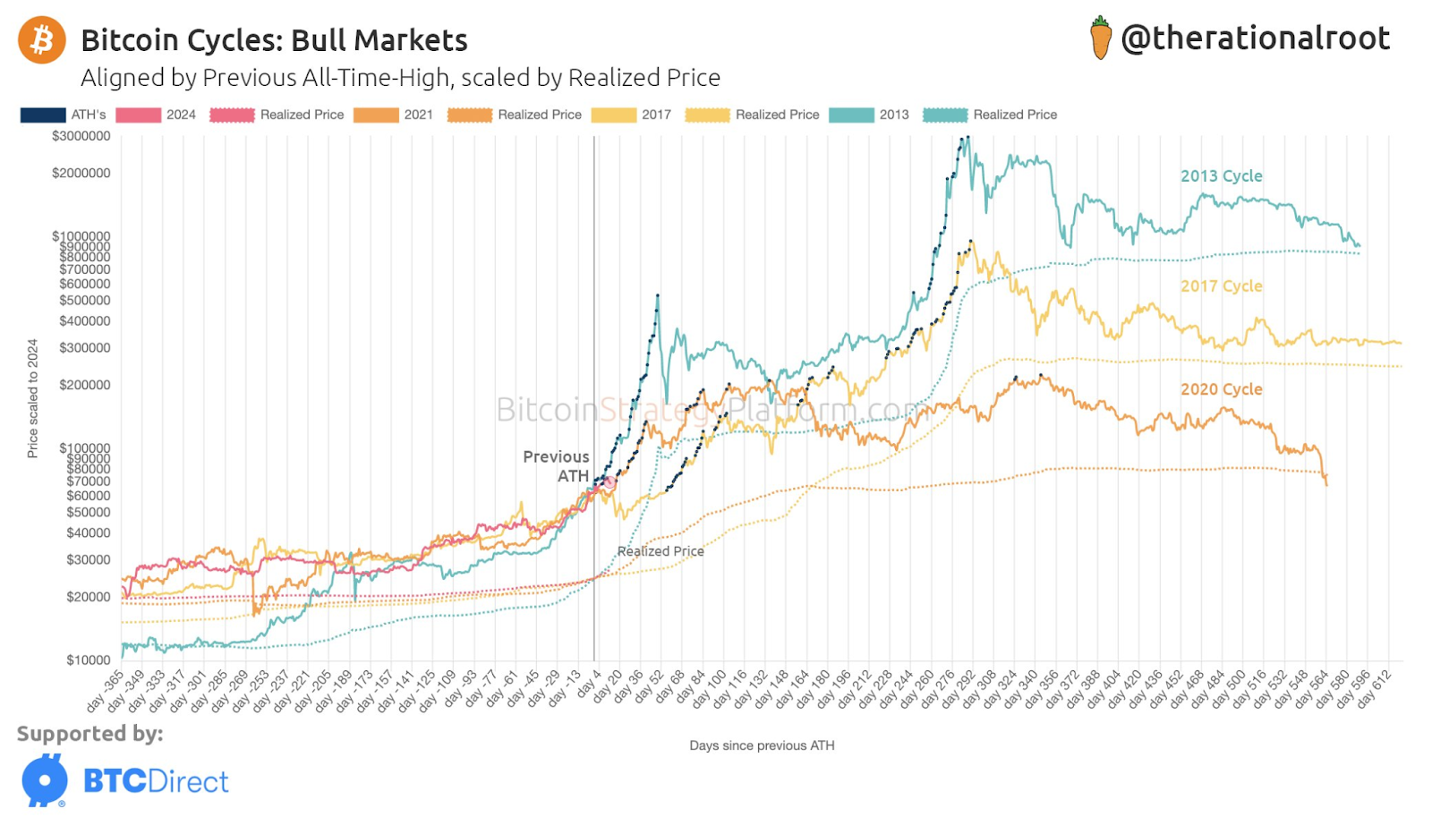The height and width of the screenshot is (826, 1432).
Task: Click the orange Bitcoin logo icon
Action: pyautogui.click(x=42, y=40)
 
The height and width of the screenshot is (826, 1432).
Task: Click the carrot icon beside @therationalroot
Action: pyautogui.click(x=1101, y=38)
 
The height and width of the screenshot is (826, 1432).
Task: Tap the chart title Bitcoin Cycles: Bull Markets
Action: pyautogui.click(x=274, y=40)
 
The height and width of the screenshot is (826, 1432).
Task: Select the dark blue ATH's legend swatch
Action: pyautogui.click(x=43, y=115)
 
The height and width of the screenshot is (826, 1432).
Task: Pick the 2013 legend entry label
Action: pyautogui.click(x=893, y=115)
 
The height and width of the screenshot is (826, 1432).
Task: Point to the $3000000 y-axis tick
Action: pyautogui.click(x=81, y=136)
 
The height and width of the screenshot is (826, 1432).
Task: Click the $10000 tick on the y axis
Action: pyautogui.click(x=88, y=660)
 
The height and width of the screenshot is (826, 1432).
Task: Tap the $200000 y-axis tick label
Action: pyautogui.click(x=85, y=385)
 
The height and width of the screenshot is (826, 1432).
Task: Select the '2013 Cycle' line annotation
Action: pyautogui.click(x=1221, y=176)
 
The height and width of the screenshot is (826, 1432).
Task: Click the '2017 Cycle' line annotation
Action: pyautogui.click(x=1221, y=286)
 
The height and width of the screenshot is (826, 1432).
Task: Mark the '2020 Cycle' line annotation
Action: pyautogui.click(x=1221, y=389)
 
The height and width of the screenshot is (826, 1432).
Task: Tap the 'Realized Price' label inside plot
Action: pyautogui.click(x=661, y=551)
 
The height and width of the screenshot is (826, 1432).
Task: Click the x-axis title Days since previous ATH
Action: pyautogui.click(x=762, y=745)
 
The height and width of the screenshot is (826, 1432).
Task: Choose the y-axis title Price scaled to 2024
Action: pyautogui.click(x=33, y=398)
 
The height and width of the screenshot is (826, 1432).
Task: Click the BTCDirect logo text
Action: pyautogui.click(x=156, y=781)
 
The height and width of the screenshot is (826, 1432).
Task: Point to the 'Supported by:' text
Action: pyautogui.click(x=89, y=734)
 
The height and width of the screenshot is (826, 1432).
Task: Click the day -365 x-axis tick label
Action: pyautogui.click(x=106, y=691)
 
